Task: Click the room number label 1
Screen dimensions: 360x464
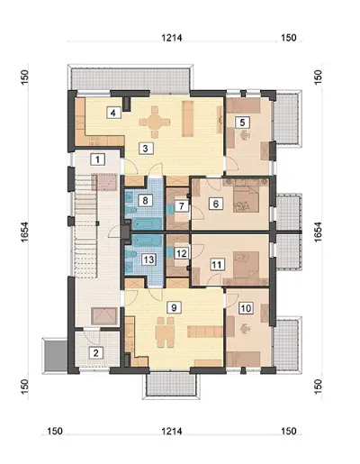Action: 97,159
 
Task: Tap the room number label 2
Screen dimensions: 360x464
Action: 96,352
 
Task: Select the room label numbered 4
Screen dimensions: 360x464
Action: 113,113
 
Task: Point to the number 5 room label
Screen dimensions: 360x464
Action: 243,123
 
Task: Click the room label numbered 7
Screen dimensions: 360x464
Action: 181,206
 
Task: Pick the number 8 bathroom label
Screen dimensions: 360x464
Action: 145,200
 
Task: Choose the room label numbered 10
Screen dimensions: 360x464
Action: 246,308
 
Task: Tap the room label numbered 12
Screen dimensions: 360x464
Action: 181,253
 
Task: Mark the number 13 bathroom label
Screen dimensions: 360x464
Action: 149,259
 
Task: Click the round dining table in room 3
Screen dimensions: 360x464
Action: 155,122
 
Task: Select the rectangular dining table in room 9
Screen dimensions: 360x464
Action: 165,332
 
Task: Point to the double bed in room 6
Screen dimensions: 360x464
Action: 247,199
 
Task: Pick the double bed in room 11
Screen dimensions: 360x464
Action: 247,265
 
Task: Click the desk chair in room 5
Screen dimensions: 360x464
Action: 246,135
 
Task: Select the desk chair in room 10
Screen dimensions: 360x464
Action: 246,329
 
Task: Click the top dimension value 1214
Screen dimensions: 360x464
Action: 172,38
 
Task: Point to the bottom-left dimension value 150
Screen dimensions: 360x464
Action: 55,431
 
